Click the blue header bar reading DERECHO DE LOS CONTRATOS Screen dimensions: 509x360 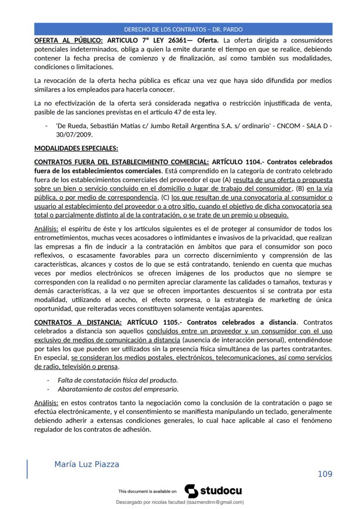(x=183, y=30)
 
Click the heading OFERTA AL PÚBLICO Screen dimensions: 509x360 (x=68, y=41)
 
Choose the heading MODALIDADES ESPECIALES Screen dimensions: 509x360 (x=76, y=148)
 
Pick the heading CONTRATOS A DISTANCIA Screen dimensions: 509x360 (x=78, y=323)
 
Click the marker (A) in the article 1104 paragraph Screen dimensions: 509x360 (x=227, y=180)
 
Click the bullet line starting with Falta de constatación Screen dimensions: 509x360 (x=117, y=380)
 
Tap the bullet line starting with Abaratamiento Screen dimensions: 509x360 (x=118, y=389)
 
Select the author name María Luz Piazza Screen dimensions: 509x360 (x=87, y=464)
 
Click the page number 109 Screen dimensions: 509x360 (x=325, y=474)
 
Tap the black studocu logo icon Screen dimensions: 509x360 (x=191, y=491)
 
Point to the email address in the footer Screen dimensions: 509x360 (x=215, y=502)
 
